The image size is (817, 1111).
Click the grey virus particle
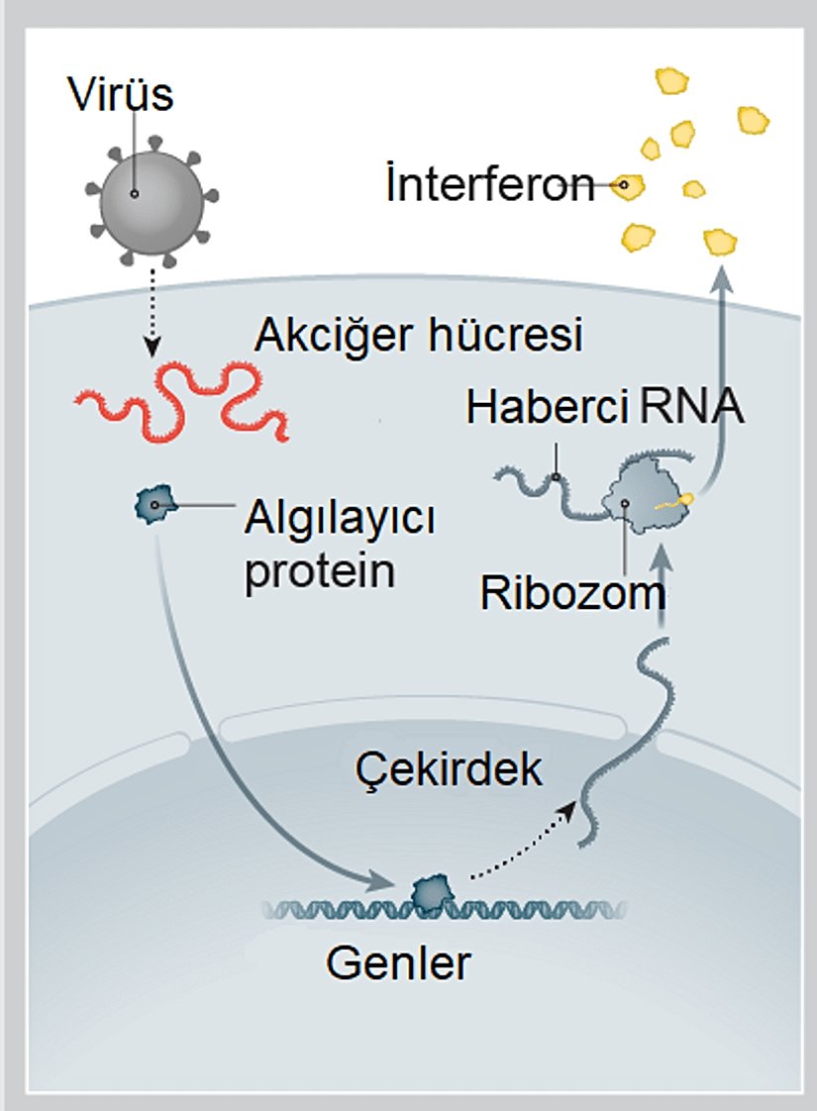[x=150, y=193]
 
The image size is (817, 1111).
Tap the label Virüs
[x=121, y=95]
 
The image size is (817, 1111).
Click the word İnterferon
[x=489, y=185]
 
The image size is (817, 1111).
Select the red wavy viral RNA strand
[x=184, y=402]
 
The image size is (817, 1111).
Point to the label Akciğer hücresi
[x=418, y=337]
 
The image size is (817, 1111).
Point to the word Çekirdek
[x=450, y=769]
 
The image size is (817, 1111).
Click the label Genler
[x=397, y=961]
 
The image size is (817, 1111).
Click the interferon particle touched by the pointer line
[x=627, y=185]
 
